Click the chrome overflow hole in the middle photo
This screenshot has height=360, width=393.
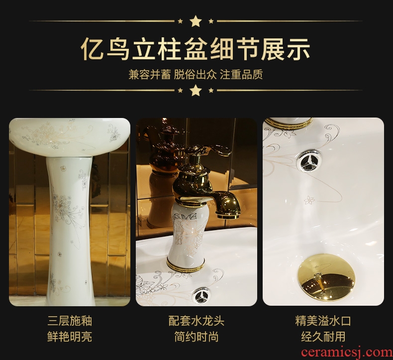tap(201, 296)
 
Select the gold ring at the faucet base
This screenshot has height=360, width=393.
tap(186, 265)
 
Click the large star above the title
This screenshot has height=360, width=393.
tap(196, 21)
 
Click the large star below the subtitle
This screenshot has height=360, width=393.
tap(196, 90)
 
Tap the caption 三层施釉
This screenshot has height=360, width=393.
tap(70, 321)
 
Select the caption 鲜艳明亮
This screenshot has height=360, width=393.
tap(70, 337)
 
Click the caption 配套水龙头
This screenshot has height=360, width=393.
tap(196, 321)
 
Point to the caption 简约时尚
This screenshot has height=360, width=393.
tap(196, 337)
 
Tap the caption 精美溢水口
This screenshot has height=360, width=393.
tap(323, 321)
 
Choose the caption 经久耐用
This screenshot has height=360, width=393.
tap(323, 337)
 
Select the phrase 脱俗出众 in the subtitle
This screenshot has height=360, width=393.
tap(196, 75)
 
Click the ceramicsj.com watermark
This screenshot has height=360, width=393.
tap(347, 353)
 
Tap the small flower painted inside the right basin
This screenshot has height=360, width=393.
tap(309, 200)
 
